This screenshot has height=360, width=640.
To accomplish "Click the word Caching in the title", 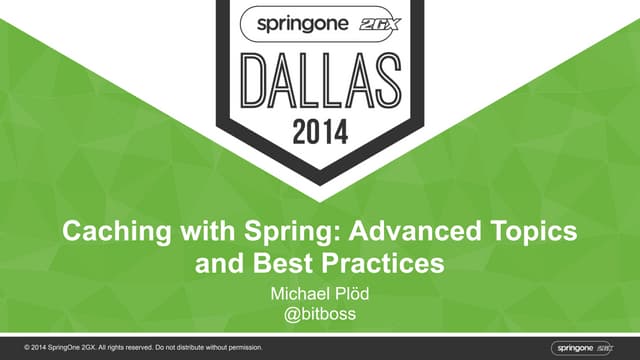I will coord(108,232).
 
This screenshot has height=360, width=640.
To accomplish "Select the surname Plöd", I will coord(354,295).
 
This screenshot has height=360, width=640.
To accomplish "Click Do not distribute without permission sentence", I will coord(210,347).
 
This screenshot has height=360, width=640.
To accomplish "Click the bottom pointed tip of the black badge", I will coord(320,185).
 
